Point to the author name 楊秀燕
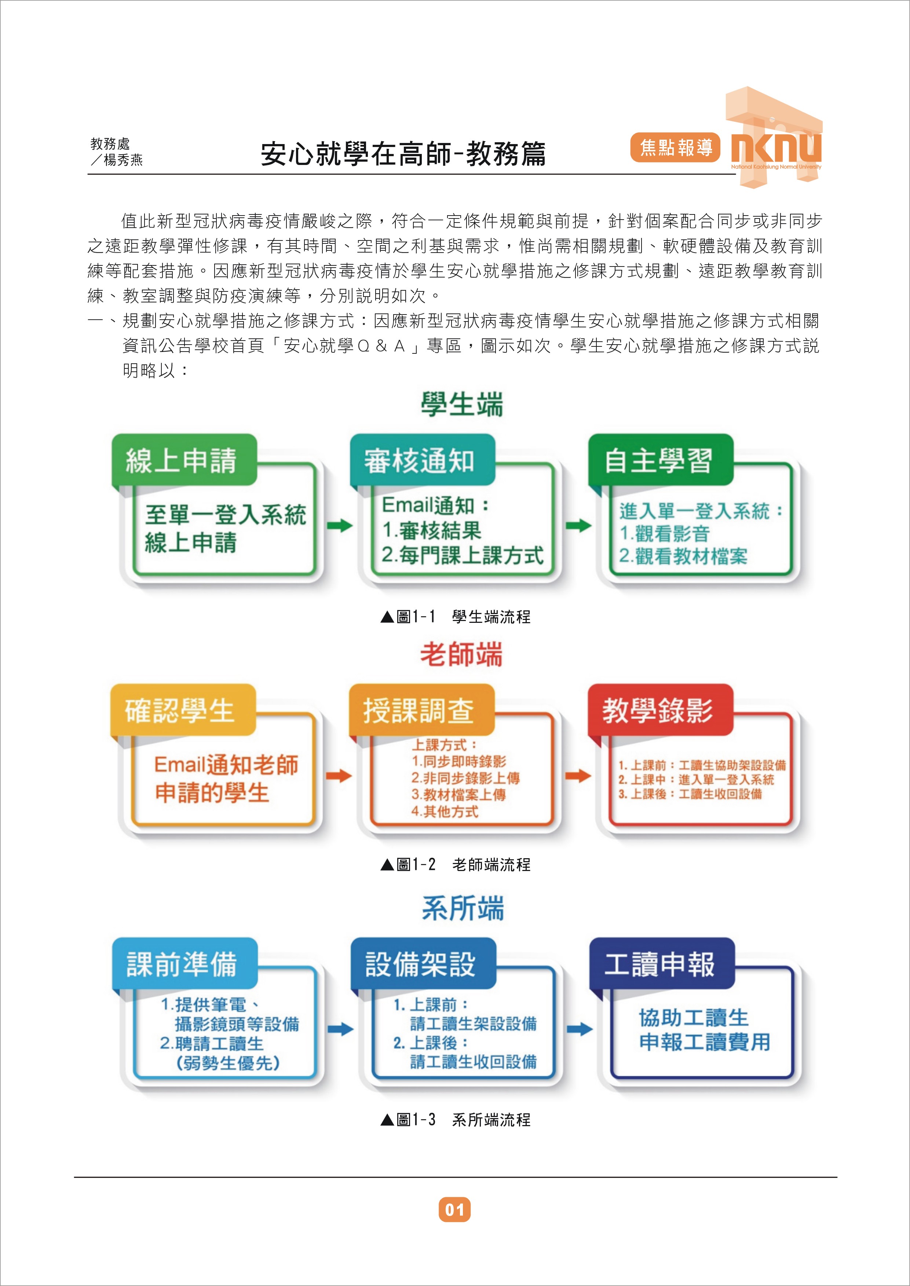(123, 160)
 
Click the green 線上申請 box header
(184, 460)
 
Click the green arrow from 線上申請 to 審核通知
(340, 525)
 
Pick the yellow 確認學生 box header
(183, 710)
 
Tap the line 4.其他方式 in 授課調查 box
(445, 811)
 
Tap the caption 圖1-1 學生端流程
(455, 617)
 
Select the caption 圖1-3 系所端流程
(455, 1120)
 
